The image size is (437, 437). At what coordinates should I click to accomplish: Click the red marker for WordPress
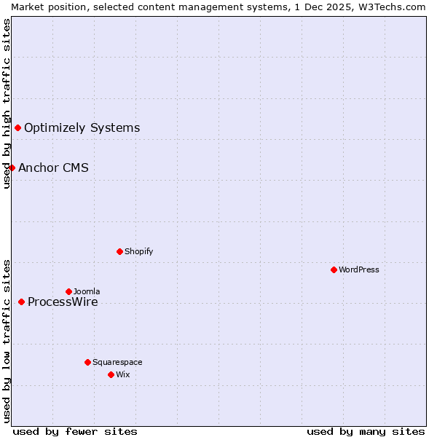pyautogui.click(x=334, y=269)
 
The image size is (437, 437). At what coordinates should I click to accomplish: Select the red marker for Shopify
pyautogui.click(x=119, y=251)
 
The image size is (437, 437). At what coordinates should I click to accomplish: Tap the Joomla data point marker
pyautogui.click(x=68, y=291)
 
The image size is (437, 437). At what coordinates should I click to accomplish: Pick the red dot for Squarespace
pyautogui.click(x=87, y=362)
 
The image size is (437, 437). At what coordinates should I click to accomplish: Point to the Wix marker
pyautogui.click(x=111, y=374)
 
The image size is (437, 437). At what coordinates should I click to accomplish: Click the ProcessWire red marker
pyautogui.click(x=21, y=302)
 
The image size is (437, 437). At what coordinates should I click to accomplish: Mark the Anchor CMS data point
pyautogui.click(x=12, y=168)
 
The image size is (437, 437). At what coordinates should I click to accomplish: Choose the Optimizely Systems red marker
pyautogui.click(x=17, y=127)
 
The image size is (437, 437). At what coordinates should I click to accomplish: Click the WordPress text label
pyautogui.click(x=359, y=269)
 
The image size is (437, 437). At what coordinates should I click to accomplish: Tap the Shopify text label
pyautogui.click(x=139, y=251)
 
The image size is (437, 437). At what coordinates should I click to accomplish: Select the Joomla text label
pyautogui.click(x=87, y=291)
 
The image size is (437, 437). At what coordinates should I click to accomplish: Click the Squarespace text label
pyautogui.click(x=117, y=362)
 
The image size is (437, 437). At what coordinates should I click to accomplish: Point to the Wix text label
pyautogui.click(x=123, y=374)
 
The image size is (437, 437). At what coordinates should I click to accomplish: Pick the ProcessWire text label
pyautogui.click(x=63, y=302)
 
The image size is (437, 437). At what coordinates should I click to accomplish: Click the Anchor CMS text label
pyautogui.click(x=53, y=168)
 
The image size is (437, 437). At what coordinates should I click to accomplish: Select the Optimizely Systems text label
pyautogui.click(x=82, y=128)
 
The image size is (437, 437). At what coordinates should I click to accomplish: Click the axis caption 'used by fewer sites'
pyautogui.click(x=75, y=431)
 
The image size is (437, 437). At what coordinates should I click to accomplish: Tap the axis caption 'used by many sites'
pyautogui.click(x=366, y=431)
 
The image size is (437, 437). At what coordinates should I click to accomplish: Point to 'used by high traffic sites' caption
pyautogui.click(x=7, y=103)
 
